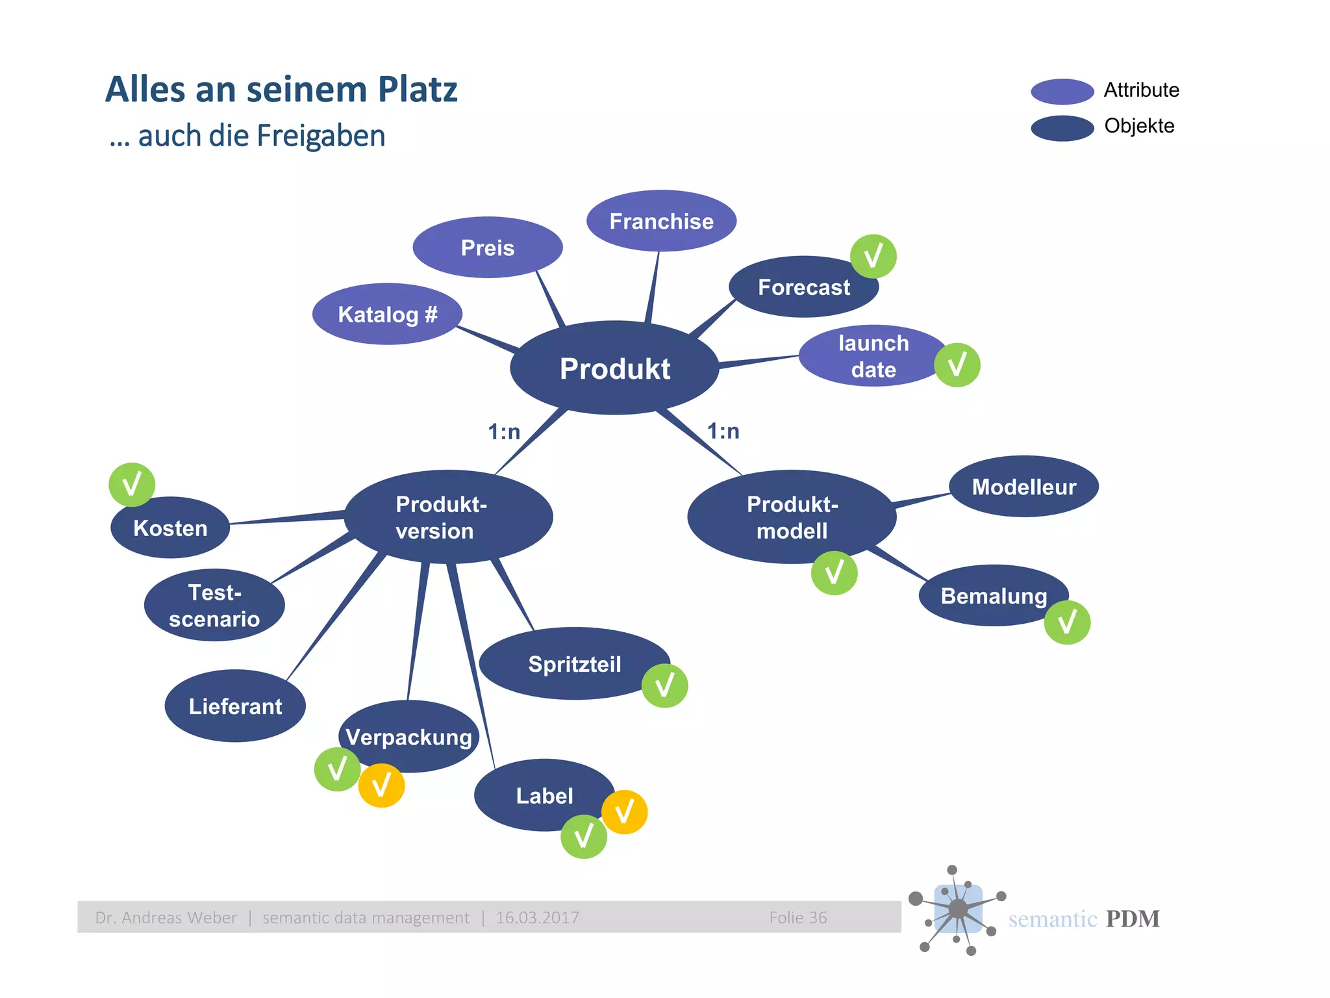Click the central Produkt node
click(x=614, y=368)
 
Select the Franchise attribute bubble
click(x=661, y=221)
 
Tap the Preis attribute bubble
click(x=487, y=248)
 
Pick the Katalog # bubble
click(x=387, y=314)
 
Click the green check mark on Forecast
click(x=873, y=256)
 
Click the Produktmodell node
click(x=792, y=517)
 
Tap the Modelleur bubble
click(x=1023, y=487)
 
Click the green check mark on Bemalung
click(x=1067, y=622)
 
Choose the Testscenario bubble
click(x=214, y=606)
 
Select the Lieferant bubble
click(x=235, y=706)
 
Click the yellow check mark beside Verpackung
click(x=381, y=786)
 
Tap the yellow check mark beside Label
click(x=624, y=812)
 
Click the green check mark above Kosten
click(x=132, y=485)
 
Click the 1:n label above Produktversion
click(x=504, y=431)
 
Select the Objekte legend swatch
click(x=1062, y=128)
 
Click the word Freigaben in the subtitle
click(x=321, y=136)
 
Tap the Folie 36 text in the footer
click(x=797, y=917)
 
